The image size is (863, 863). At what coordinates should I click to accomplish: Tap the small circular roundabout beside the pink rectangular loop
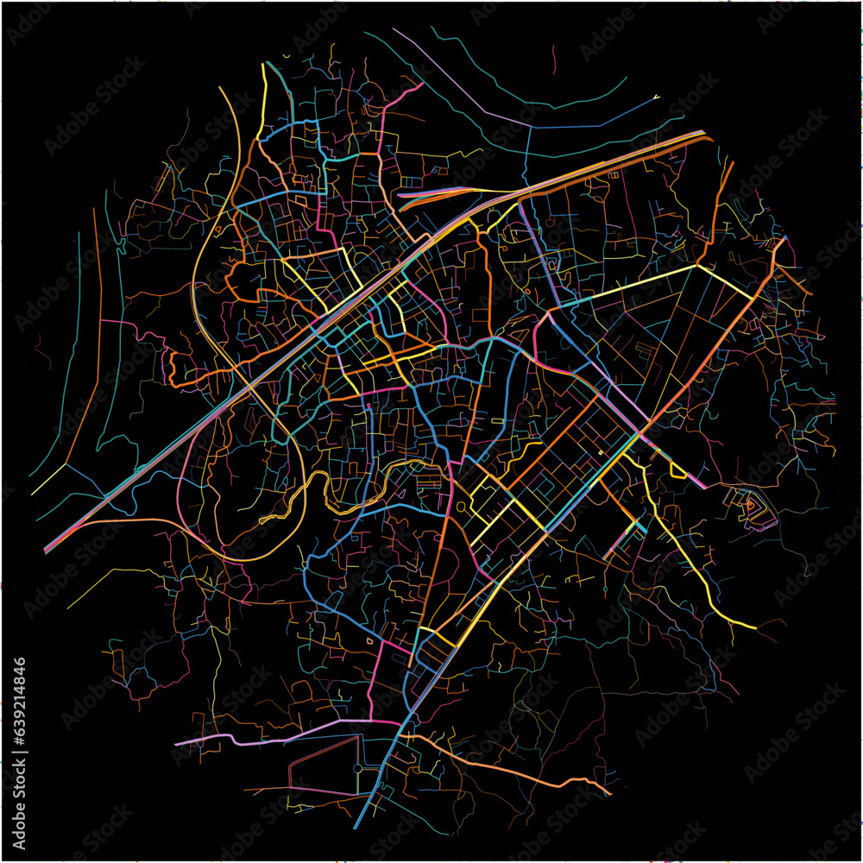click(x=357, y=767)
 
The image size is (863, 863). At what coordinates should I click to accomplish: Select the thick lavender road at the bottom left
click(x=259, y=740)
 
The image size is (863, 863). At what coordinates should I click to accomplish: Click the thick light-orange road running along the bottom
click(x=518, y=772)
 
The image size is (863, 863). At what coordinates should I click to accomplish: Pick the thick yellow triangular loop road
click(x=677, y=471)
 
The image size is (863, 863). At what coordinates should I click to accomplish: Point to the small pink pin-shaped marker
click(x=369, y=405)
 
